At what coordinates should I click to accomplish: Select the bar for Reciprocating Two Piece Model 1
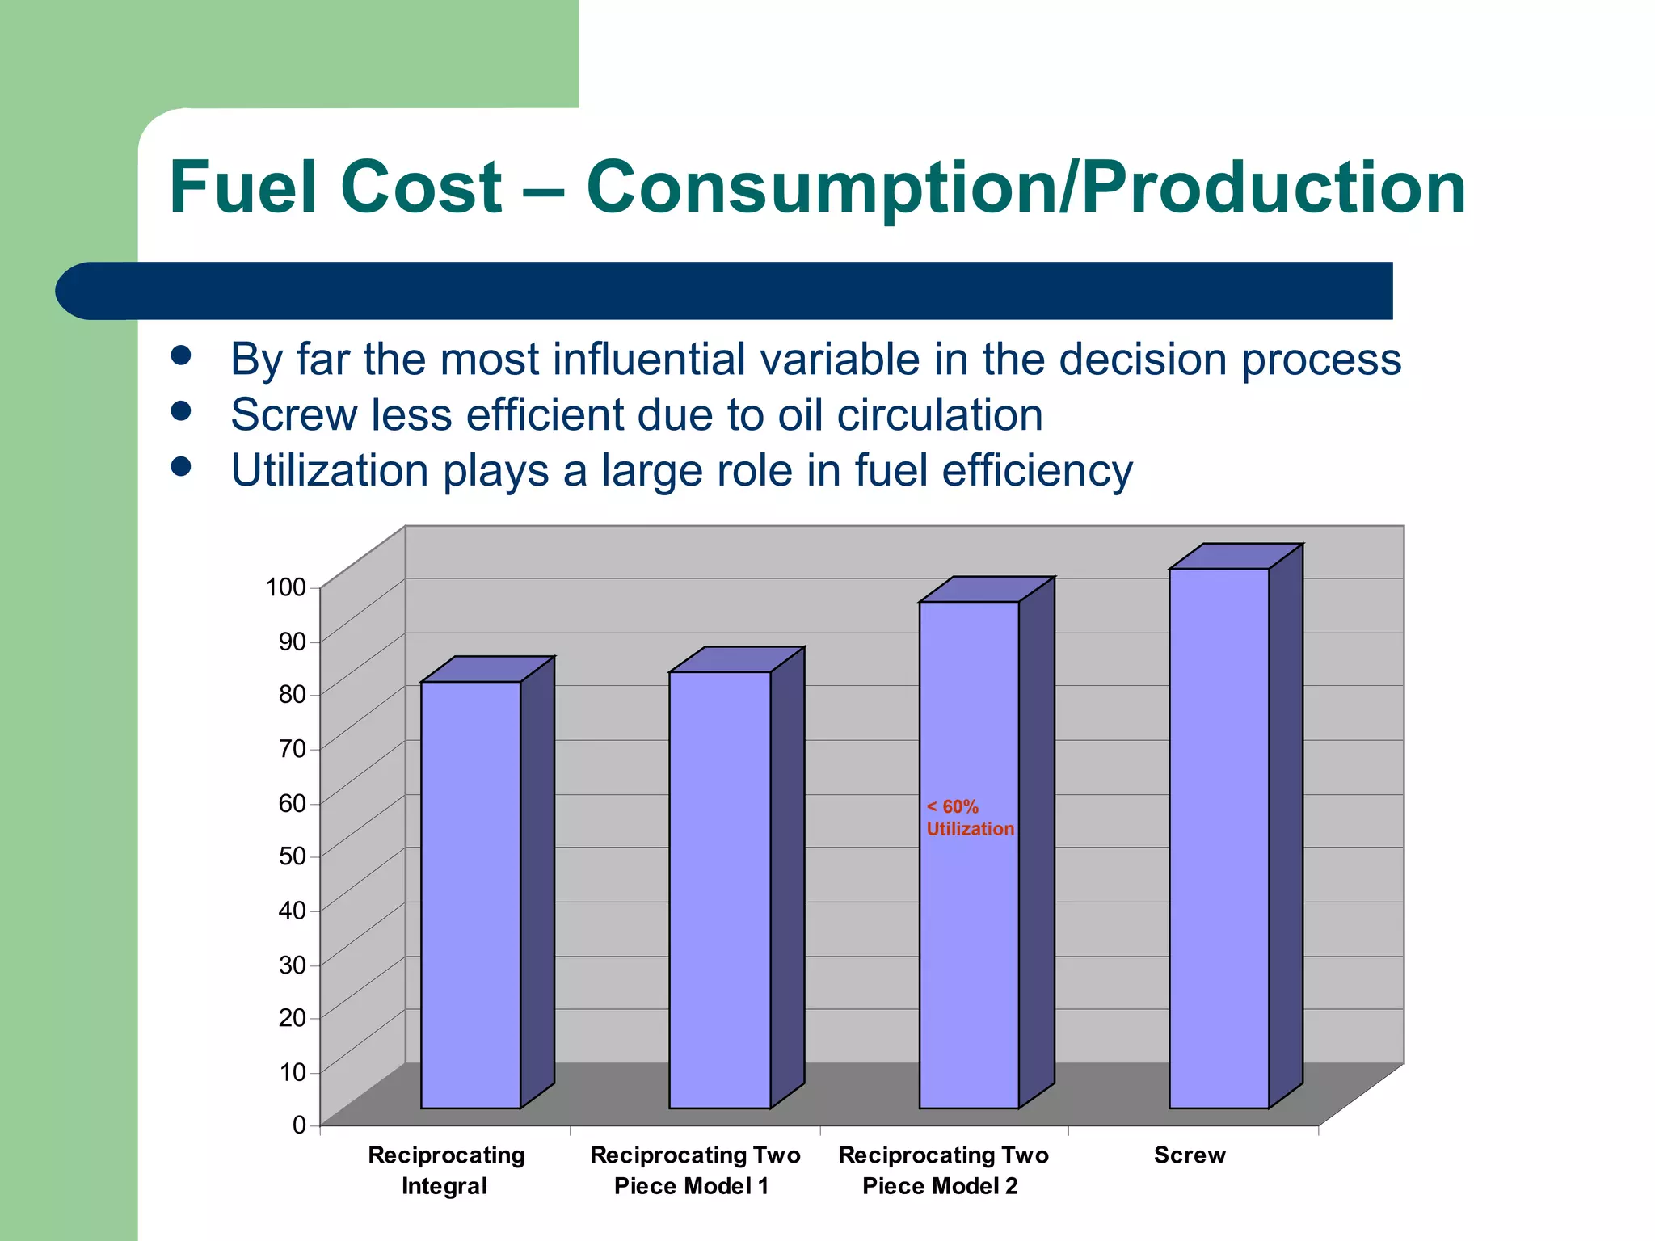point(719,889)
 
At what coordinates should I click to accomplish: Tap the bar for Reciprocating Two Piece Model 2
point(968,929)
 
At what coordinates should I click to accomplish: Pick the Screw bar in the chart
point(1219,840)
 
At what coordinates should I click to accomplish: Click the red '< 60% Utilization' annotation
point(969,818)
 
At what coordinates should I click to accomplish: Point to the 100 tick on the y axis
point(285,587)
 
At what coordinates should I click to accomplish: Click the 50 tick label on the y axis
point(292,856)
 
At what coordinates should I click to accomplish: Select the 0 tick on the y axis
point(299,1125)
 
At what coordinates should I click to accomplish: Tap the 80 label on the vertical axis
point(292,694)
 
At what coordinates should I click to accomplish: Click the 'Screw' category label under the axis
point(1190,1155)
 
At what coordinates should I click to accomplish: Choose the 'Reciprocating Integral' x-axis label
point(446,1170)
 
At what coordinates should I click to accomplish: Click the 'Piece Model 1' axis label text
point(691,1186)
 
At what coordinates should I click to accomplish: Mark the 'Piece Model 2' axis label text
point(940,1186)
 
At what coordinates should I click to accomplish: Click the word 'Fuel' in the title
point(242,187)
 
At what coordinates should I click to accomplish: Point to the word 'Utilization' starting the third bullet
point(330,470)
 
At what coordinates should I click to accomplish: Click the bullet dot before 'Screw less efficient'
point(181,412)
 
